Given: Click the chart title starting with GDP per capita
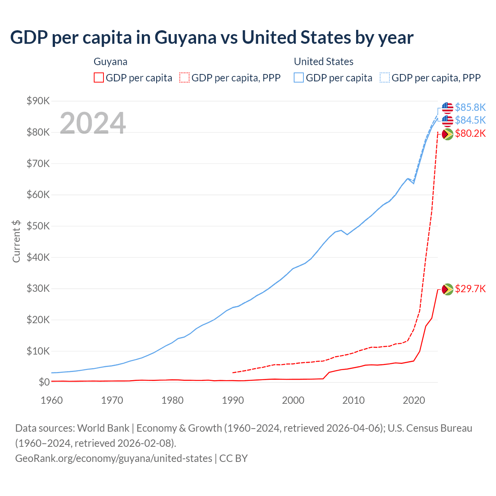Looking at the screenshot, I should (212, 38).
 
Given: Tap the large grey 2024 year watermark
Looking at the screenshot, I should (93, 123).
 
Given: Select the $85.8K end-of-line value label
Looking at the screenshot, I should (470, 107).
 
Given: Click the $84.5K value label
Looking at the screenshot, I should (470, 120).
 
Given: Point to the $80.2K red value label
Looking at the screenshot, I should (470, 134).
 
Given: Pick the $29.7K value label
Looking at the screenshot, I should (470, 289).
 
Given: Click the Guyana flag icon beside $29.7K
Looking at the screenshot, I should (448, 289).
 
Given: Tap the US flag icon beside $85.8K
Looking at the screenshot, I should (448, 107).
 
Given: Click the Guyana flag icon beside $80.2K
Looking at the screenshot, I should (448, 134).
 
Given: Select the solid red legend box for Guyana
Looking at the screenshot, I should (99, 77).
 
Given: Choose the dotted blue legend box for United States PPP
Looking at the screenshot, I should (385, 77).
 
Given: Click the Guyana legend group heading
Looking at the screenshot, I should (110, 62).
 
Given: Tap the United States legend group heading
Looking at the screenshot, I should (324, 62).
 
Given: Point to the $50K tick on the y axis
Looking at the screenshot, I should (38, 226).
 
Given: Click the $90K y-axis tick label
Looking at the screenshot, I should (38, 101).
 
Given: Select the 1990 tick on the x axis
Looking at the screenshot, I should (233, 400).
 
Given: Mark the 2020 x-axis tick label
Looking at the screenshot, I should (414, 400).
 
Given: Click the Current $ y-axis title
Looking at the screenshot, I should (16, 241).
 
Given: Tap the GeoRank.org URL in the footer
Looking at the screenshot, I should (114, 458).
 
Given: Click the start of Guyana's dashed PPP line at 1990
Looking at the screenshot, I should (233, 372).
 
